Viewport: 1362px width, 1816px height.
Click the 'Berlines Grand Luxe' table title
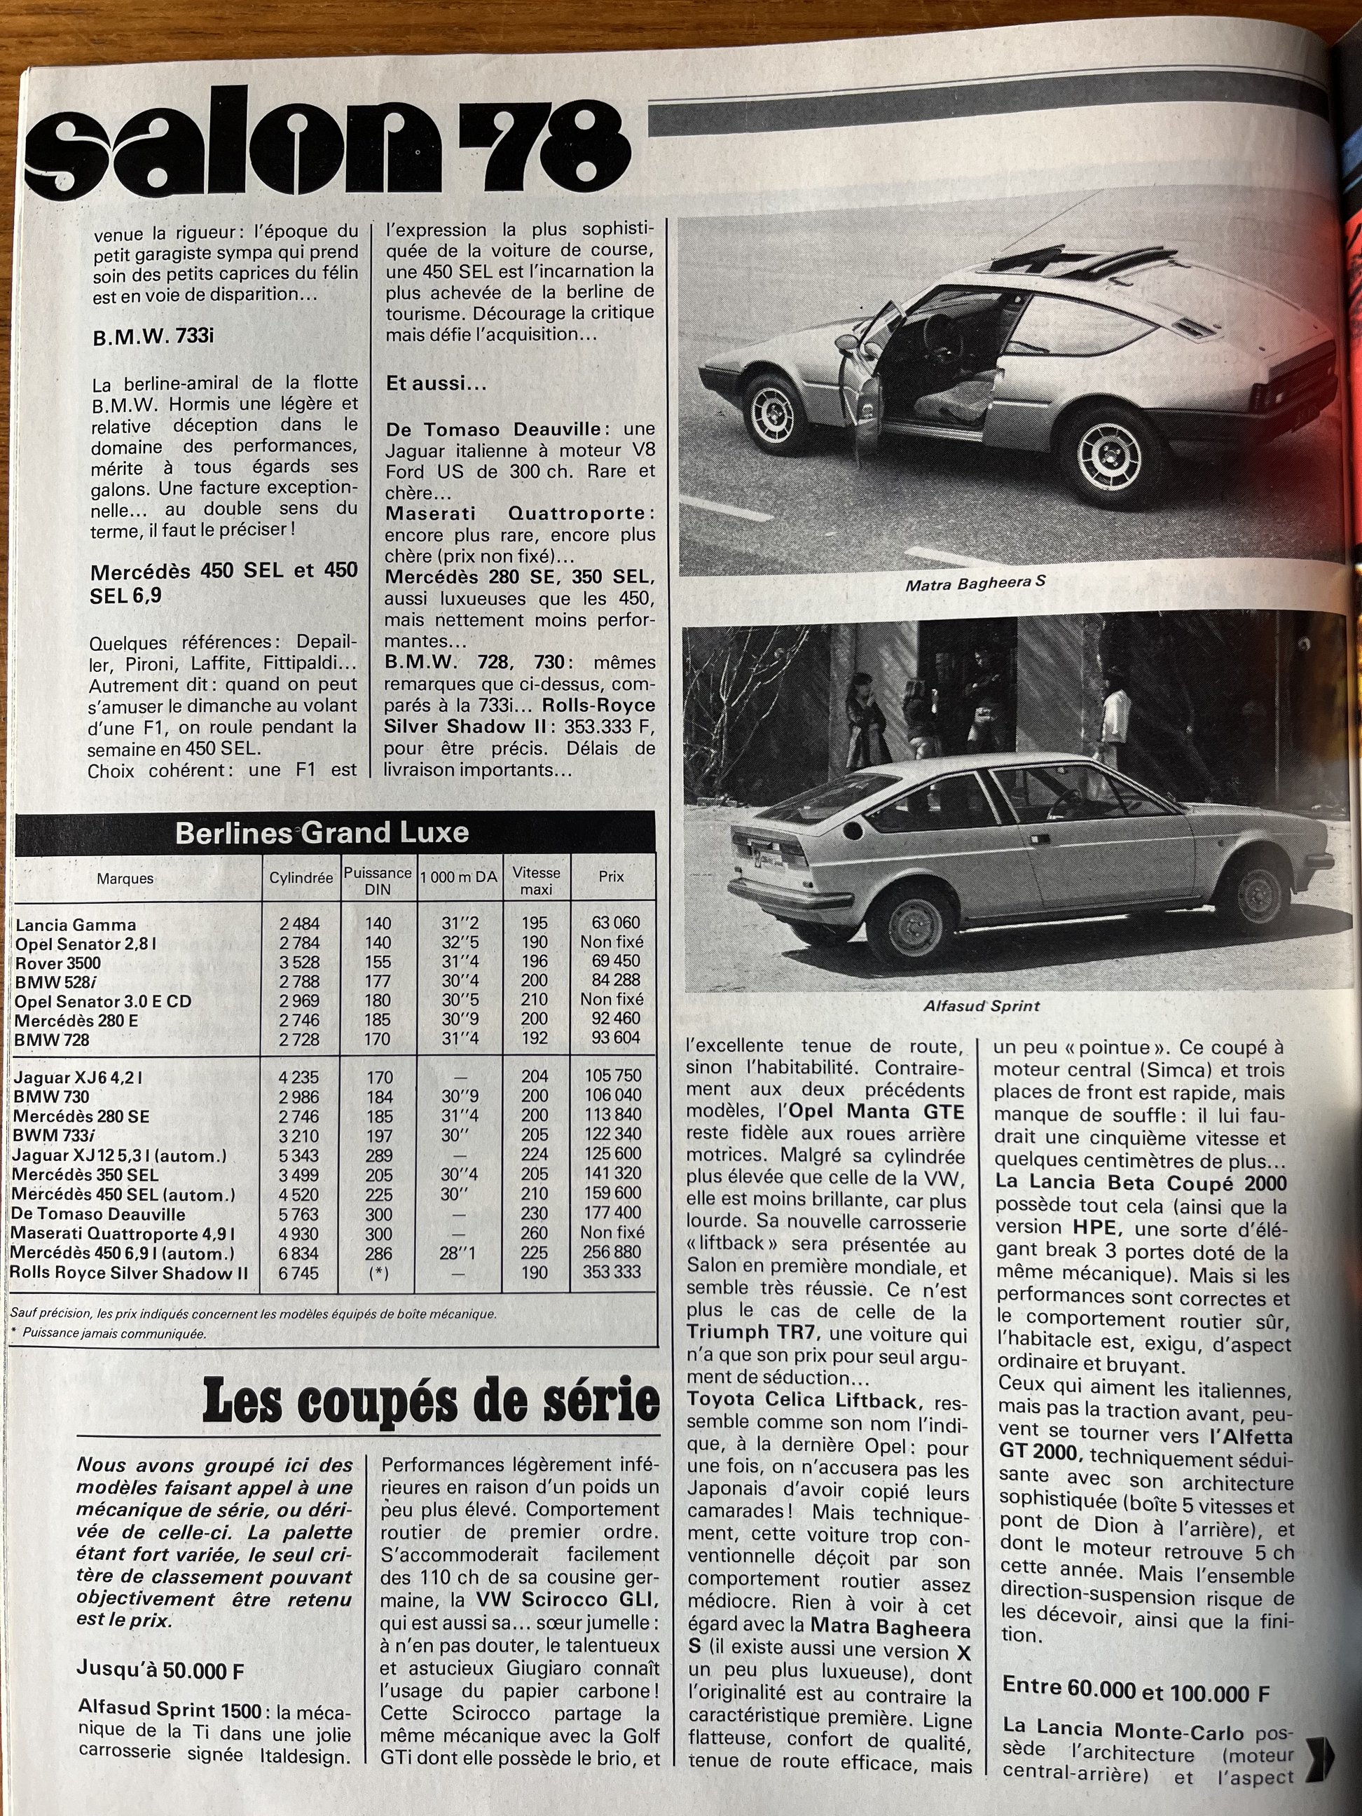click(x=322, y=832)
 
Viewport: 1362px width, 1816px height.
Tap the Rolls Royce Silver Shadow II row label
click(x=129, y=1273)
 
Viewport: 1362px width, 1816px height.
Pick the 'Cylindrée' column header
click(x=301, y=878)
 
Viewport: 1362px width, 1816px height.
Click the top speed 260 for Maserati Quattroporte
click(x=535, y=1232)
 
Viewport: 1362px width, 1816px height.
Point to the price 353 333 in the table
click(x=612, y=1272)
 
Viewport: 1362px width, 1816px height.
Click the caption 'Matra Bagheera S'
click(x=975, y=584)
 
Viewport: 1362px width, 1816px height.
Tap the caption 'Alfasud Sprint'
click(x=982, y=1005)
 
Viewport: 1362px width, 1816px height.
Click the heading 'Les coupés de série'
click(x=430, y=1401)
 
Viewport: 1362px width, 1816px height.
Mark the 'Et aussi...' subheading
click(x=436, y=383)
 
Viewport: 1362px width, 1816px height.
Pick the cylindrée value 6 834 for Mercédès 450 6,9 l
click(x=300, y=1253)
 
